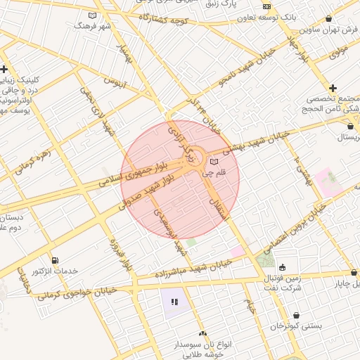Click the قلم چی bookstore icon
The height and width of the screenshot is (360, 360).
point(214,162)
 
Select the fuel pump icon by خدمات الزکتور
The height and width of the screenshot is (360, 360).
point(56,260)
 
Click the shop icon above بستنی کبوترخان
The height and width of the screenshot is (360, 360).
point(297,314)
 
